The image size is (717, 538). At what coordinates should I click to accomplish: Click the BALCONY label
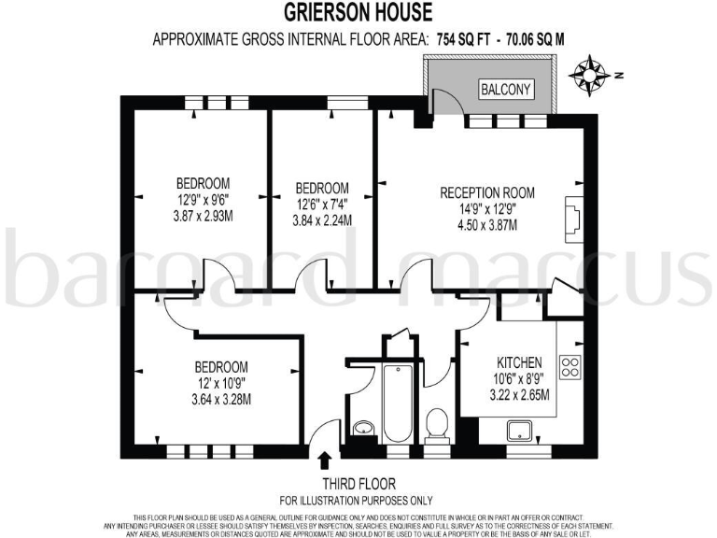[505, 90]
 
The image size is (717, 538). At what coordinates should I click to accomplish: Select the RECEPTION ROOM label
[487, 192]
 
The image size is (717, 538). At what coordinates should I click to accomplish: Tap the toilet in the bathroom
[436, 425]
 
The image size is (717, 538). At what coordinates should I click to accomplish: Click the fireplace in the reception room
[571, 218]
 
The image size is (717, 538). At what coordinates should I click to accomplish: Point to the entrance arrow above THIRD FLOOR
[325, 460]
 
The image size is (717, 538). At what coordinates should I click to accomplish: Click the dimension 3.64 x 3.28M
[220, 399]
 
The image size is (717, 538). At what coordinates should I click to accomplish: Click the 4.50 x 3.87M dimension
[487, 225]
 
